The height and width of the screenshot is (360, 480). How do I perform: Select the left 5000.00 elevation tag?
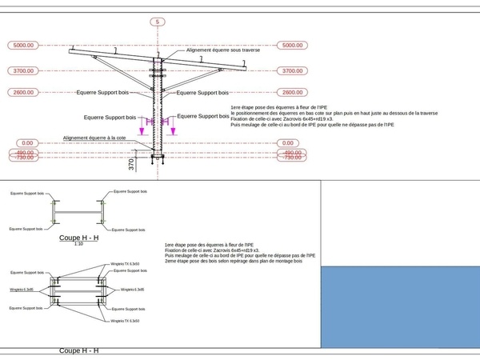point(23,46)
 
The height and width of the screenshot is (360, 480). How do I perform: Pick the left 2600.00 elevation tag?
point(23,92)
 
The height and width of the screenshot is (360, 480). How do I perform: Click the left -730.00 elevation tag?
point(23,158)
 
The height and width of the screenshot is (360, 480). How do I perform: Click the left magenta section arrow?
point(142,126)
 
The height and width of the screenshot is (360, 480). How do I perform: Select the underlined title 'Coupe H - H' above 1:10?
point(78,238)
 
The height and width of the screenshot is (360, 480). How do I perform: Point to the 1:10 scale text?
point(78,244)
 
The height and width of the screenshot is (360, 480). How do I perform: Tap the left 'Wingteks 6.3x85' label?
point(22,290)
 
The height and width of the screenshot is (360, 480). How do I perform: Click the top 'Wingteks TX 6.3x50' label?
point(125,263)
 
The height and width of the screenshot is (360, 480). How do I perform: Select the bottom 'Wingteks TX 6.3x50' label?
point(125,322)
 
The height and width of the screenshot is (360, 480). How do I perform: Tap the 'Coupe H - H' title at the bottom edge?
point(78,351)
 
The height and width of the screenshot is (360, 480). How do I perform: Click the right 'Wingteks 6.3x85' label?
point(132,290)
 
